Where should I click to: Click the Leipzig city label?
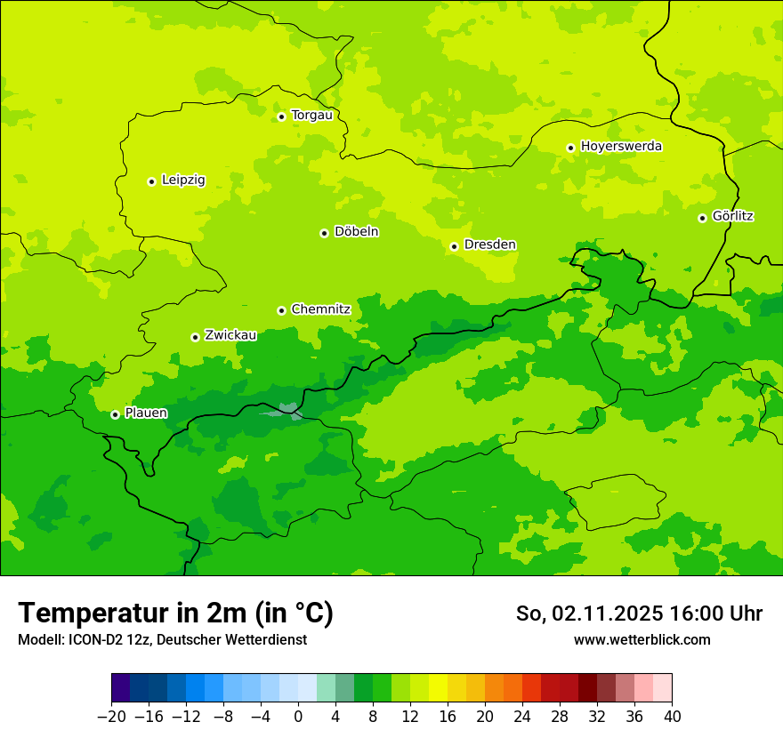click(183, 180)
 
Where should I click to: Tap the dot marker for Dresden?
click(454, 246)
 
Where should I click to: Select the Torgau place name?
click(311, 116)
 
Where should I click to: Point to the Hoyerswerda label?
click(621, 147)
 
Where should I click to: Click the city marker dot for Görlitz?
click(702, 218)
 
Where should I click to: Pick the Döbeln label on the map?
click(356, 232)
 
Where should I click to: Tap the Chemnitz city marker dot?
click(281, 310)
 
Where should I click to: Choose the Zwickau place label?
click(230, 335)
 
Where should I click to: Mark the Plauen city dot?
click(115, 414)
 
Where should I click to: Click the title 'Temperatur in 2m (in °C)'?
click(175, 614)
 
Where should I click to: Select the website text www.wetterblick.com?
click(642, 640)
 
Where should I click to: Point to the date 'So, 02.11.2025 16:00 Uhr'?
click(639, 614)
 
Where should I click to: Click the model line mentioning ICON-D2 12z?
click(162, 640)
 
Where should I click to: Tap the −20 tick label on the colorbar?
click(111, 717)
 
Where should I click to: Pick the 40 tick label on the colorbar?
click(672, 717)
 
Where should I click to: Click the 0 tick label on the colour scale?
click(298, 717)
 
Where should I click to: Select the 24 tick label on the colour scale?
click(522, 717)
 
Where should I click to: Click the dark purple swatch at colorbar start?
click(121, 688)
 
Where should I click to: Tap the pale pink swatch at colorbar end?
click(662, 688)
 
